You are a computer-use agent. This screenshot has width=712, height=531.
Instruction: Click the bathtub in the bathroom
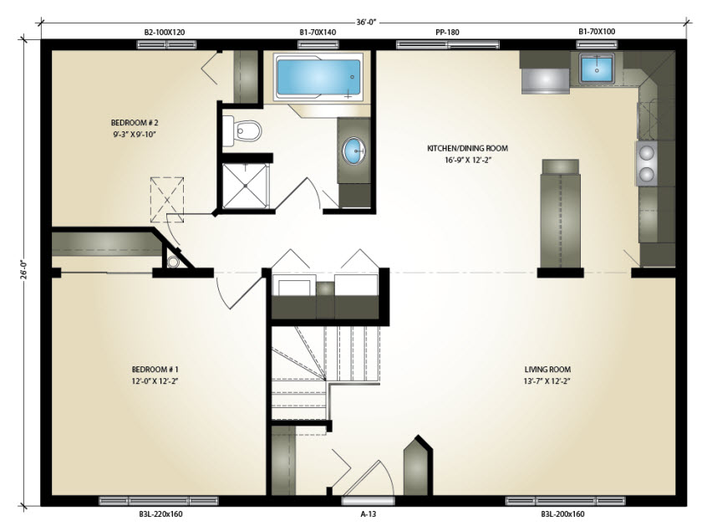click(318, 77)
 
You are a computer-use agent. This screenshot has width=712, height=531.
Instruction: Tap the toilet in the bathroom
click(242, 130)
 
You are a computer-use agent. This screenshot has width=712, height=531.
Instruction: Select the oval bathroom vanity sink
click(353, 151)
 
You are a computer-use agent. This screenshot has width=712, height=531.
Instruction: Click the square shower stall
click(246, 186)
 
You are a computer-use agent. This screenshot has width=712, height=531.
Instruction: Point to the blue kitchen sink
click(596, 69)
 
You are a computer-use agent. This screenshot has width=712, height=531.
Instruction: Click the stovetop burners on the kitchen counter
click(646, 163)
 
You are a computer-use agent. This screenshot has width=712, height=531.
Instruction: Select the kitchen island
click(561, 213)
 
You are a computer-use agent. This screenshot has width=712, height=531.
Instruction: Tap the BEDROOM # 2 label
click(135, 123)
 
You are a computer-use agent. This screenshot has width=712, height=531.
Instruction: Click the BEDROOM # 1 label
click(155, 370)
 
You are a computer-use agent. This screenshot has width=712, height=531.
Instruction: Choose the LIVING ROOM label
click(547, 370)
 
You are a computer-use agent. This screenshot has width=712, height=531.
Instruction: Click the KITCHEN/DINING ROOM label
click(467, 148)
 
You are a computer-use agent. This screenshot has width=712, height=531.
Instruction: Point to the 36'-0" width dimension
click(366, 22)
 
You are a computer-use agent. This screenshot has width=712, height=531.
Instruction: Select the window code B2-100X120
click(165, 33)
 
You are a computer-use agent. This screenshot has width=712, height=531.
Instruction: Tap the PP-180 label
click(447, 33)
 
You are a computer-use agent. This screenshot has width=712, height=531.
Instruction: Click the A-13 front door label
click(369, 514)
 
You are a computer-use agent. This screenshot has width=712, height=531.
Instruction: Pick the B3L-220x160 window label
click(160, 514)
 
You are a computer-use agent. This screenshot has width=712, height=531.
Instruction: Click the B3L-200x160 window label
click(562, 514)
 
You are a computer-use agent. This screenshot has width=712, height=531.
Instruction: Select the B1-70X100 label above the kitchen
click(597, 31)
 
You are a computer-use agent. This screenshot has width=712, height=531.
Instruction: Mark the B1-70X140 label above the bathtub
click(318, 33)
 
